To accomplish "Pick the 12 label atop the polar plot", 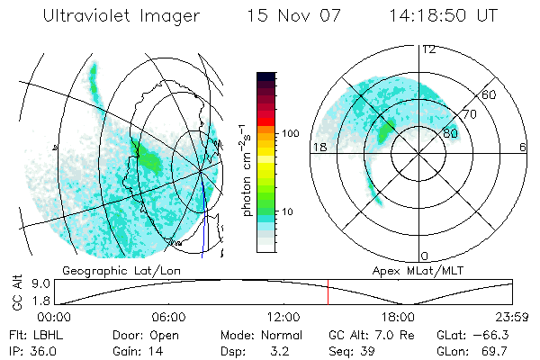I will pos(428,49).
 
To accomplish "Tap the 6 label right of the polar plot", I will pos(523,147).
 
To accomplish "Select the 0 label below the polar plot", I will pos(425,256).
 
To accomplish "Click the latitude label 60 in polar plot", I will pos(490,94).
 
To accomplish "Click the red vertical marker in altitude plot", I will pos(328,293).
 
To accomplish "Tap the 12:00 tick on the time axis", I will pos(283,317).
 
